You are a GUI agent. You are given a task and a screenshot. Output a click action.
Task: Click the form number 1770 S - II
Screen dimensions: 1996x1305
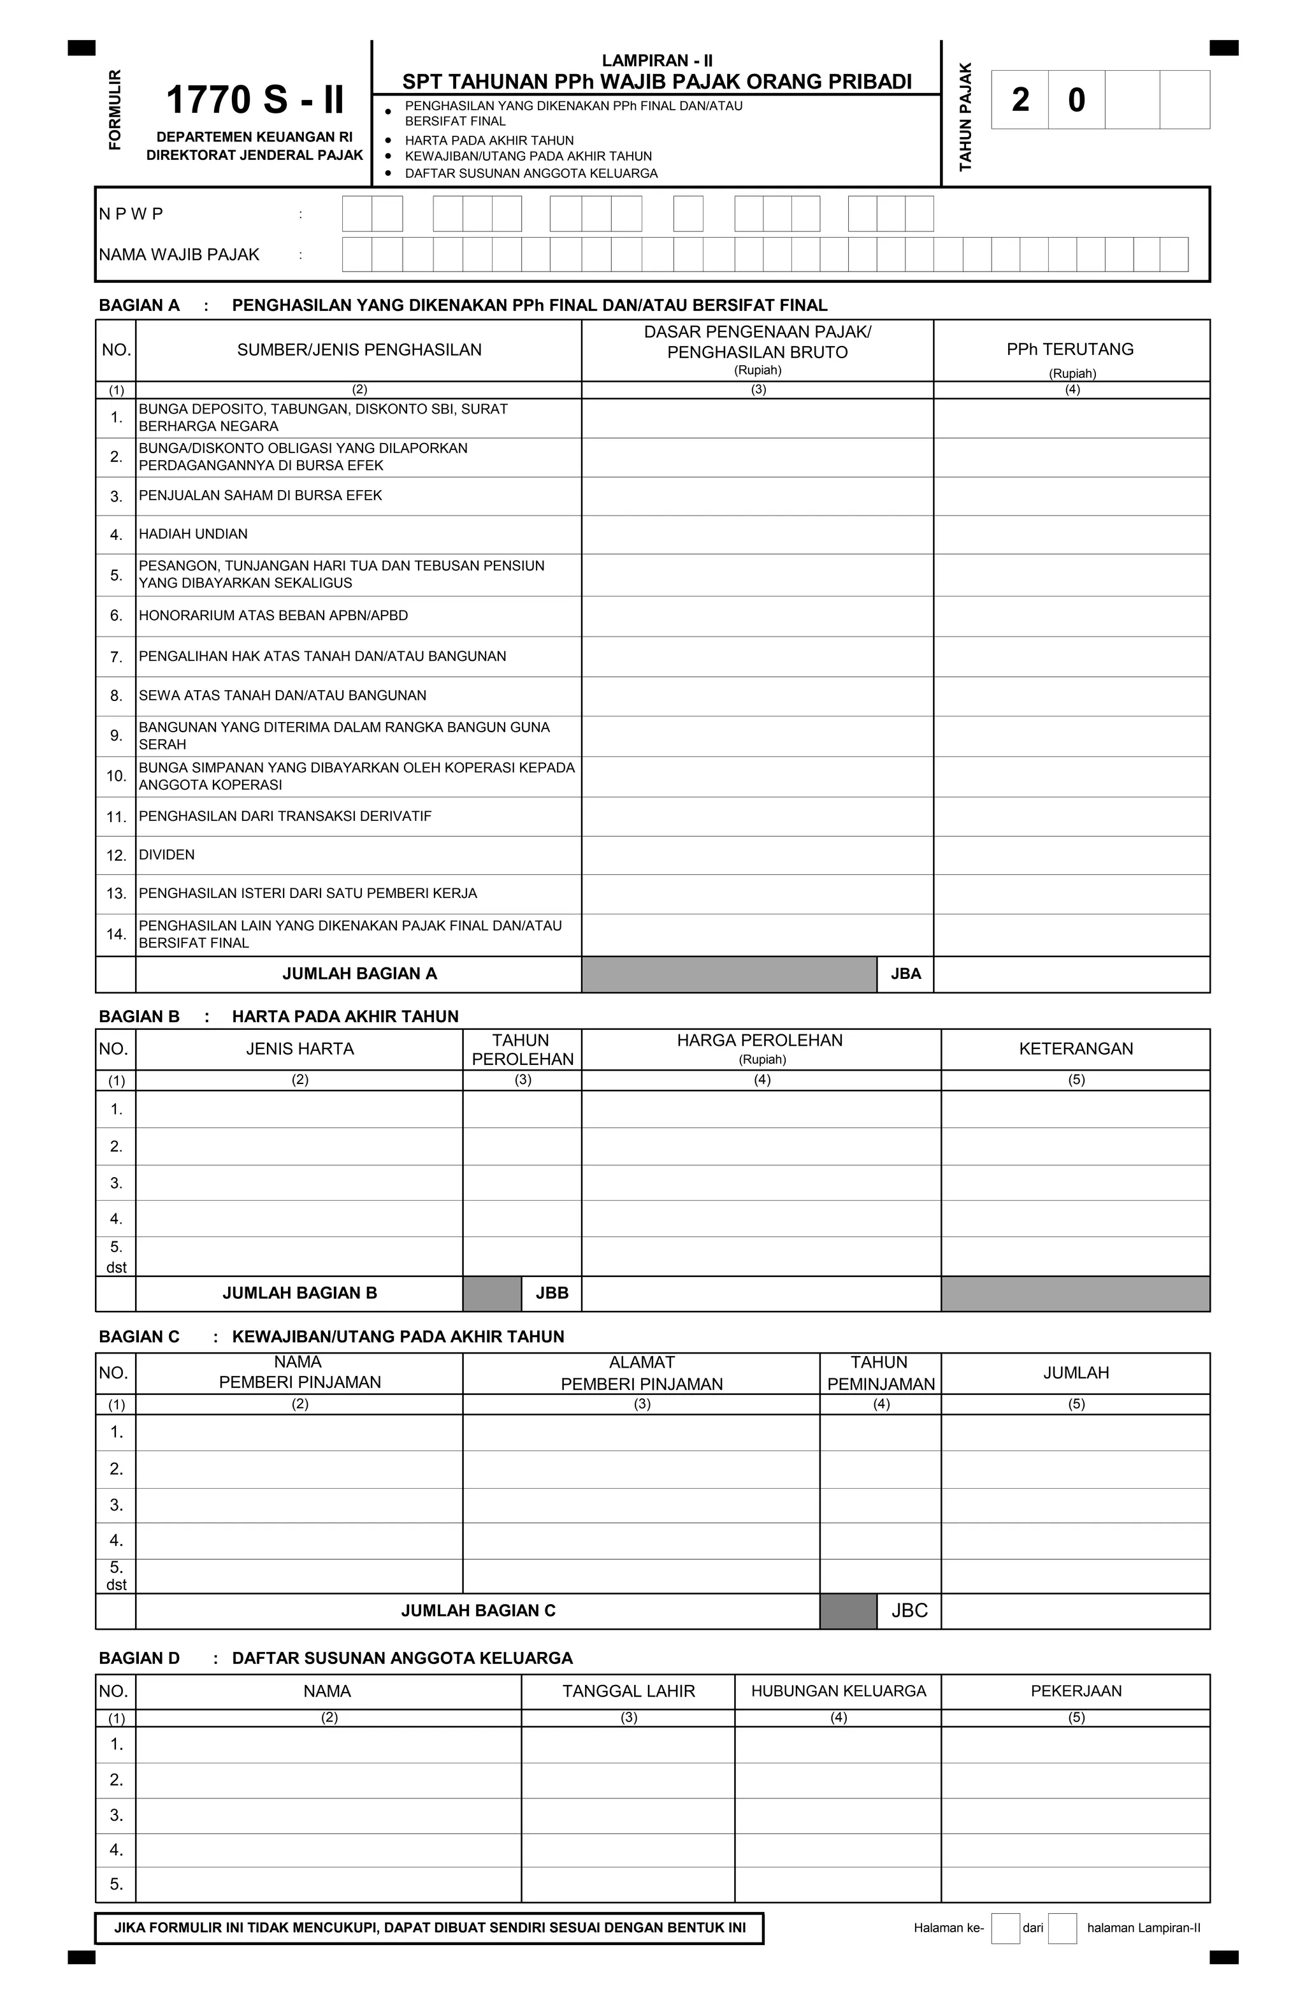click(x=255, y=100)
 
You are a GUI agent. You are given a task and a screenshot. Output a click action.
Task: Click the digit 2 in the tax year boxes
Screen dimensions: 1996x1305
click(x=1020, y=100)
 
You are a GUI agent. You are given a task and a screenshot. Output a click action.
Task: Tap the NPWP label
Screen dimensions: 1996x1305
click(x=131, y=214)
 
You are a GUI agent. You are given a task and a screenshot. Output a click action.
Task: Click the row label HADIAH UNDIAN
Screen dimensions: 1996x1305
click(x=193, y=534)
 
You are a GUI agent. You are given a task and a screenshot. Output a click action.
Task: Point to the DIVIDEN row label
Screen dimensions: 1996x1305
click(x=167, y=855)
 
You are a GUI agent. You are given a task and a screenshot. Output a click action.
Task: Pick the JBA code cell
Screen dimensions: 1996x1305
click(x=905, y=974)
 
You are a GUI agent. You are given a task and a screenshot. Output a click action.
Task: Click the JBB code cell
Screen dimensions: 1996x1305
click(x=551, y=1293)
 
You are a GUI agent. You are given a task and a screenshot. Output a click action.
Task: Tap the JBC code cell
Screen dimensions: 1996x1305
click(x=909, y=1610)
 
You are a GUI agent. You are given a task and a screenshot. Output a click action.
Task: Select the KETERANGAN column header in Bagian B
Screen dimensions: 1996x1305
click(x=1075, y=1049)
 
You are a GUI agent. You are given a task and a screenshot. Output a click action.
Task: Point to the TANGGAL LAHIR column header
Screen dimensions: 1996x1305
click(x=628, y=1691)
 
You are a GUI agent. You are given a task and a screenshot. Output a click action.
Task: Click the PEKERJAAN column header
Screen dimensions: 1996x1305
click(x=1075, y=1691)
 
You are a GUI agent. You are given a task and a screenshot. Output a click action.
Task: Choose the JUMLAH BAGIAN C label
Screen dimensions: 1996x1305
click(x=477, y=1610)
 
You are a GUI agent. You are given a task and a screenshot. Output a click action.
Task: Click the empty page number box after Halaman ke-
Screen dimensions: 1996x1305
click(x=1005, y=1928)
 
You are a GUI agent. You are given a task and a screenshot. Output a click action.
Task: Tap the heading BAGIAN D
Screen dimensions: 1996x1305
click(x=139, y=1658)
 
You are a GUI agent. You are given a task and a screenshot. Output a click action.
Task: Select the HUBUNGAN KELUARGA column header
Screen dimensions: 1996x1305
click(x=838, y=1691)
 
